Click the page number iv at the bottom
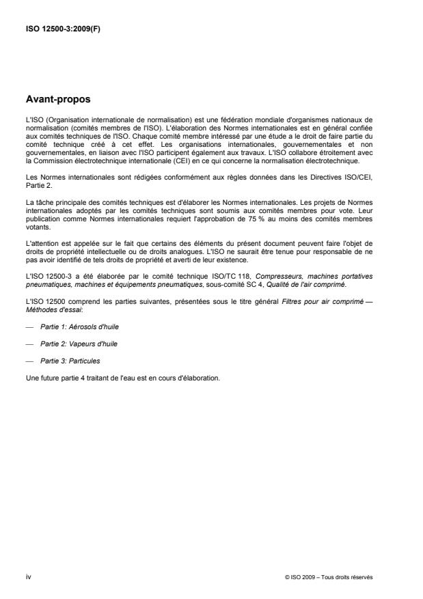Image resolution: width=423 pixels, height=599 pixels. tap(28, 576)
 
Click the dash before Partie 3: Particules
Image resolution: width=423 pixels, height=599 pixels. tap(29, 361)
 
